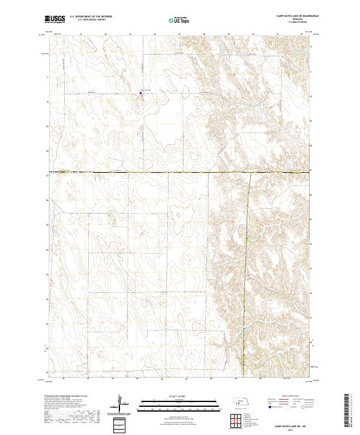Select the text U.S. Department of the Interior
(91, 17)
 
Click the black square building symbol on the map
(141, 92)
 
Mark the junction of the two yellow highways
(250, 173)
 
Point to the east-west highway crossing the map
(150, 173)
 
